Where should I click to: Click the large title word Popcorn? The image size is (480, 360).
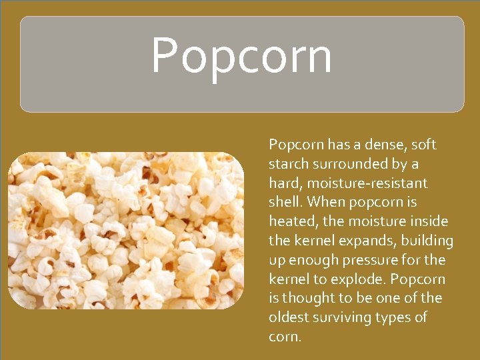241,57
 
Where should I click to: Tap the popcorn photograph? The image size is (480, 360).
126,230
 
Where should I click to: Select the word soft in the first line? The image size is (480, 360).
424,145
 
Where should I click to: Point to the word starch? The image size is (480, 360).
289,164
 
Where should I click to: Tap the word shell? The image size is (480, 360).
285,202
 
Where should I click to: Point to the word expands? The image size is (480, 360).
369,241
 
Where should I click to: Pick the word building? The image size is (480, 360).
427,241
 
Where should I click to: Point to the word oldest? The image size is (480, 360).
289,317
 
